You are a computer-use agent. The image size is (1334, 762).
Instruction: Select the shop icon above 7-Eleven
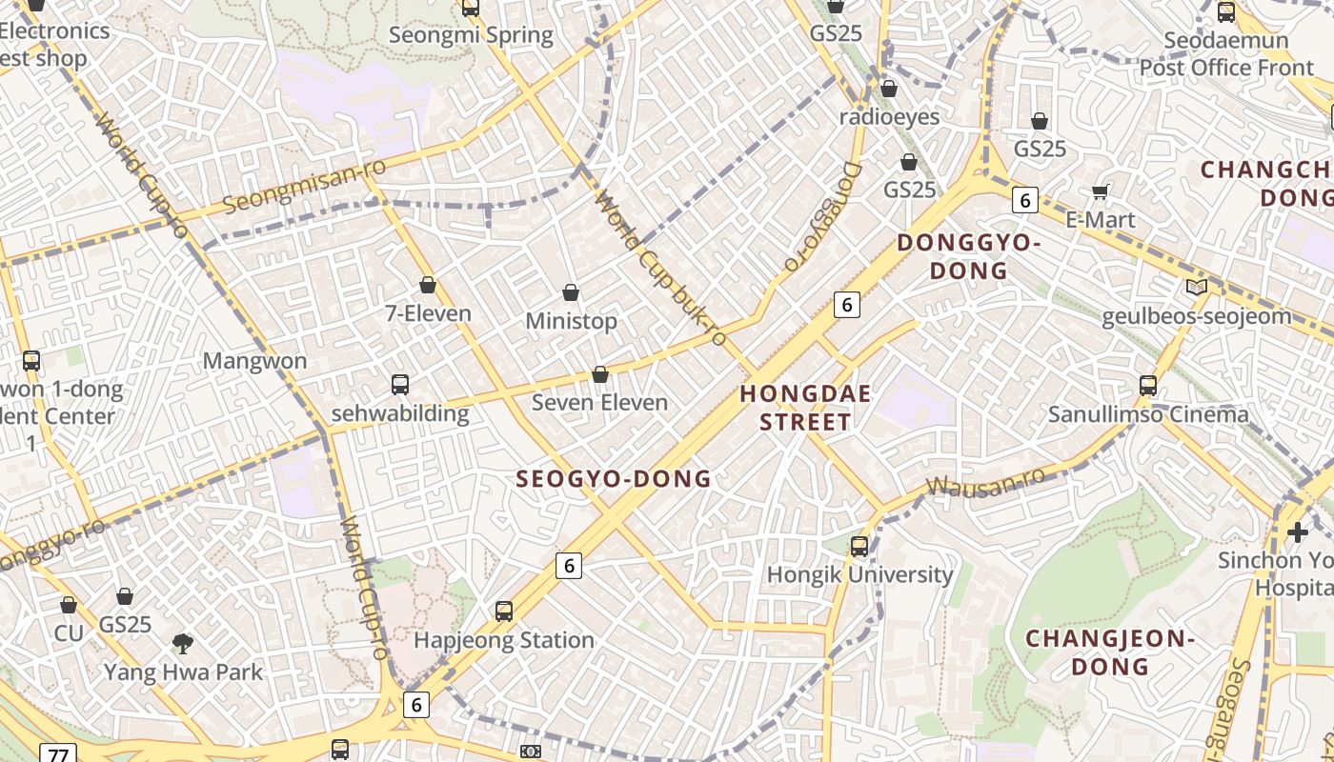428,285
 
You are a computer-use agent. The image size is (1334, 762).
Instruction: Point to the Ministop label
572,322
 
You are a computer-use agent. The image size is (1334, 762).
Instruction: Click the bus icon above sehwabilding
400,385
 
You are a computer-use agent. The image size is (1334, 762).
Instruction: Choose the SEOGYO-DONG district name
614,479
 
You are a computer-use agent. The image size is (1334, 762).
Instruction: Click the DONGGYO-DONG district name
968,256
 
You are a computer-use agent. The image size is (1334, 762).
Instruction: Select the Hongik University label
859,575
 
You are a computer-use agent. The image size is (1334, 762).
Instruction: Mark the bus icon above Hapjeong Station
504,612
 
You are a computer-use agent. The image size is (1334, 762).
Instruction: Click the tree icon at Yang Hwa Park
183,644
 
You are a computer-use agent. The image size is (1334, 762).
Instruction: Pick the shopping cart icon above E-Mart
1101,192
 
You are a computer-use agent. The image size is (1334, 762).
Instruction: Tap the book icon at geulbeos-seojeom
1196,287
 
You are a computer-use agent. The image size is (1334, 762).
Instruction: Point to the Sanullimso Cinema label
1147,415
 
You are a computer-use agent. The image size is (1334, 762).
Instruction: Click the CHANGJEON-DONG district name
1109,652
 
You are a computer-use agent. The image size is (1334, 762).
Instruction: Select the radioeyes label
889,117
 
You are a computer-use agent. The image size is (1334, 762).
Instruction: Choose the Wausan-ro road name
985,481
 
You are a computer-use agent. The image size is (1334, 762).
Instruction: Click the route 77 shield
57,754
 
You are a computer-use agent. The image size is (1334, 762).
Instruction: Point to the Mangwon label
254,361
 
